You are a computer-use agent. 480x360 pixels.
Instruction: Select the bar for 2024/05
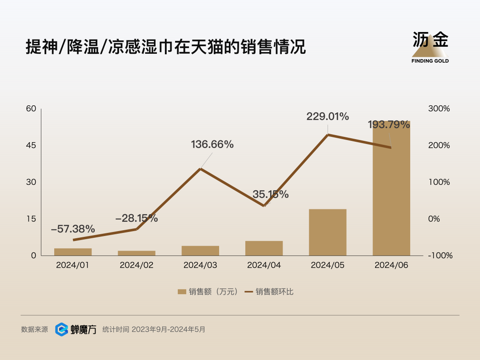[x=328, y=232]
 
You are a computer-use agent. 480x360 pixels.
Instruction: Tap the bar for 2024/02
[x=136, y=253]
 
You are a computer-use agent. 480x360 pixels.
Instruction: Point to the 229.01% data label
[x=328, y=117]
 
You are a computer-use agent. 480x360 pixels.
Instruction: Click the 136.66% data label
[x=212, y=144]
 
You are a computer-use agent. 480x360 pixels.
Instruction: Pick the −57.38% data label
[x=73, y=229]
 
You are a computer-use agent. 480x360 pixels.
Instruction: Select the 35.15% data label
[x=271, y=194]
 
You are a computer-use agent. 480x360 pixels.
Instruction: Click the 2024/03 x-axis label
[x=200, y=265]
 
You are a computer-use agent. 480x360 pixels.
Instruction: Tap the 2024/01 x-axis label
[x=73, y=265]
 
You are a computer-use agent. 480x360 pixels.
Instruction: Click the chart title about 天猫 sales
[x=166, y=47]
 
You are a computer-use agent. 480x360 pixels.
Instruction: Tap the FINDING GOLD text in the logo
[x=430, y=61]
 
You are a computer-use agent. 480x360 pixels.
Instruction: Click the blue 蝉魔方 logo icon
[x=61, y=329]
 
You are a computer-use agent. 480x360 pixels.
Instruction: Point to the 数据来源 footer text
[x=34, y=330]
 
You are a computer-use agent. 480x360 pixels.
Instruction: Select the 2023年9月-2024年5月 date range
[x=168, y=330]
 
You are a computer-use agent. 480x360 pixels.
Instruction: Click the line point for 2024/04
[x=264, y=206]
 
